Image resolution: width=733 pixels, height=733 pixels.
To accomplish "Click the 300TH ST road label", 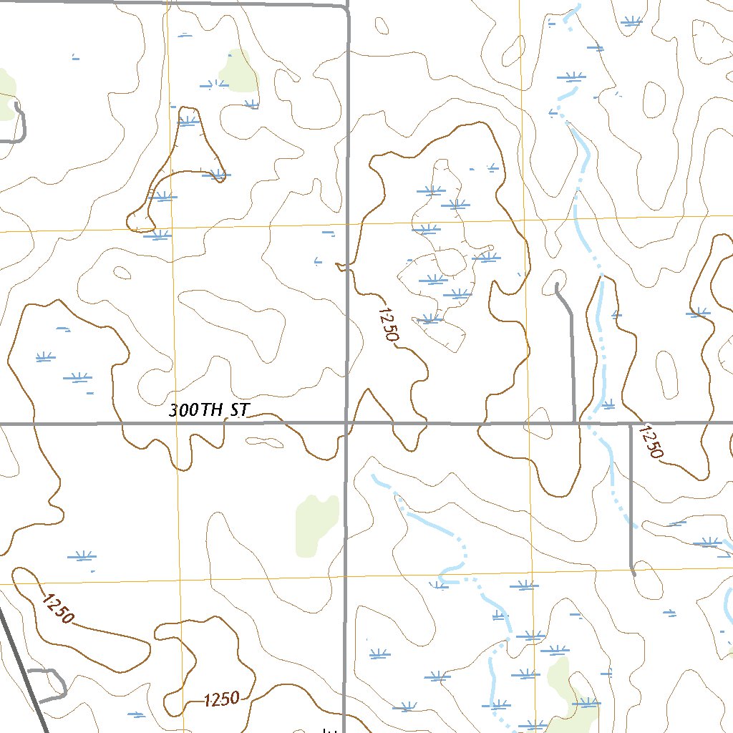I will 208,411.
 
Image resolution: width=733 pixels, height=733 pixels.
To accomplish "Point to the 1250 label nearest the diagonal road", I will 57,607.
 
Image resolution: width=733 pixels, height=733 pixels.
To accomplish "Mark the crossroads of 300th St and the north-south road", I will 346,424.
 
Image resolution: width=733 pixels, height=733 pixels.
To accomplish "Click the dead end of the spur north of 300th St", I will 557,286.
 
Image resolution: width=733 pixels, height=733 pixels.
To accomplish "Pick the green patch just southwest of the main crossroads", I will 316,524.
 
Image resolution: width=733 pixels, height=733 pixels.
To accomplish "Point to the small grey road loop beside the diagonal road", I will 50,684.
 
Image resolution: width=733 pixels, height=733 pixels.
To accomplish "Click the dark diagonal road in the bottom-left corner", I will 21,666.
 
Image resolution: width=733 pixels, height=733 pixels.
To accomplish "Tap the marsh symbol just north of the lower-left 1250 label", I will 80,555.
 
